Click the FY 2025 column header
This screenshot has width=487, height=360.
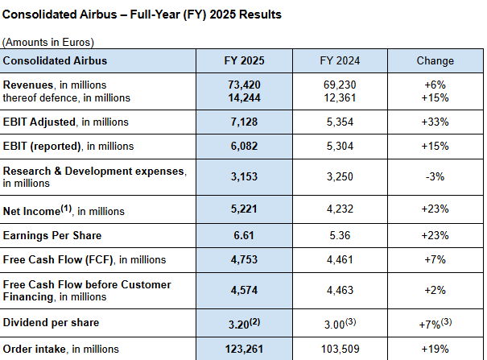tap(243, 60)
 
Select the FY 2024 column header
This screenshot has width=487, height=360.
tap(338, 60)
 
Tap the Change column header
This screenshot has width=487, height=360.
tap(435, 60)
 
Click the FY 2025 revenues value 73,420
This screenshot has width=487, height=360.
tap(243, 85)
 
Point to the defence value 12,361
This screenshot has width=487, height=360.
tap(338, 97)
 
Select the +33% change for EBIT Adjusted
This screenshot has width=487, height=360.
tap(435, 122)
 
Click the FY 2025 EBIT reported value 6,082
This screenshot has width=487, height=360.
tap(243, 146)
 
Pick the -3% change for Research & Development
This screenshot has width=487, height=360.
tap(435, 176)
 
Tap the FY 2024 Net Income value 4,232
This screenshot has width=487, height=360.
tap(338, 210)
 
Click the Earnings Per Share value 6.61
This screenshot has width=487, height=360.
tap(243, 235)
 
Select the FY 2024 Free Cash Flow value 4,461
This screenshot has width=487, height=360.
tap(338, 259)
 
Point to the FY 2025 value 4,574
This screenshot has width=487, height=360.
tap(243, 290)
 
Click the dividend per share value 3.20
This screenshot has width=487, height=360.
tap(240, 323)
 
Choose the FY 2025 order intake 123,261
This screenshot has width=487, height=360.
tap(243, 349)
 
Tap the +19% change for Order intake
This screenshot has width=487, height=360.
tap(435, 349)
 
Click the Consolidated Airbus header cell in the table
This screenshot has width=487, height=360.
tap(55, 60)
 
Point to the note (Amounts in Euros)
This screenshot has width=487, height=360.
tap(48, 42)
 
